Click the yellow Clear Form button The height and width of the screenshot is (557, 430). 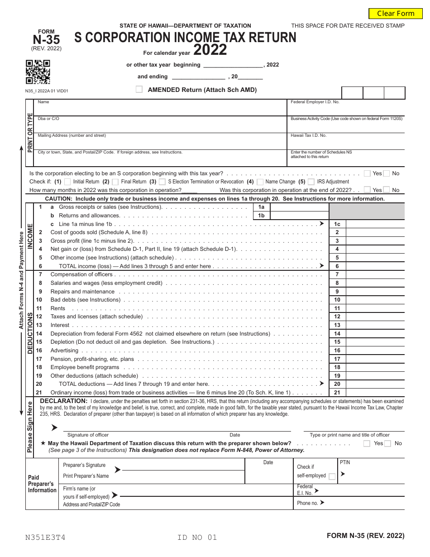(396, 14)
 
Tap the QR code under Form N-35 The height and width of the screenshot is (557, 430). (38, 72)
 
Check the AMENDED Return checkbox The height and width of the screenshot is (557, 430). (139, 90)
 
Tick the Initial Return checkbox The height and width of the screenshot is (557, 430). (67, 182)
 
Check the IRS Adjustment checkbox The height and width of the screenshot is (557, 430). (311, 182)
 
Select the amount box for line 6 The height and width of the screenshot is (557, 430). (375, 266)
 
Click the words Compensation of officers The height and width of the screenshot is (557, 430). (81, 274)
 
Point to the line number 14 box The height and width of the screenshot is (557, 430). (337, 334)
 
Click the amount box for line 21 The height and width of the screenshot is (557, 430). (375, 393)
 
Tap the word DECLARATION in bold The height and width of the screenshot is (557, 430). (63, 401)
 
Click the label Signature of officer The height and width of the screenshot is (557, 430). (88, 435)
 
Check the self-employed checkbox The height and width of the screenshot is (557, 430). (332, 476)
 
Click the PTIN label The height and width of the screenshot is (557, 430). (345, 462)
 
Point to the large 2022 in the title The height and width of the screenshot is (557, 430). (210, 50)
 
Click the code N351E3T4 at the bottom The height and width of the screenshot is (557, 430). (45, 538)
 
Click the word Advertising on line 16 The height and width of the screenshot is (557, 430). (64, 351)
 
